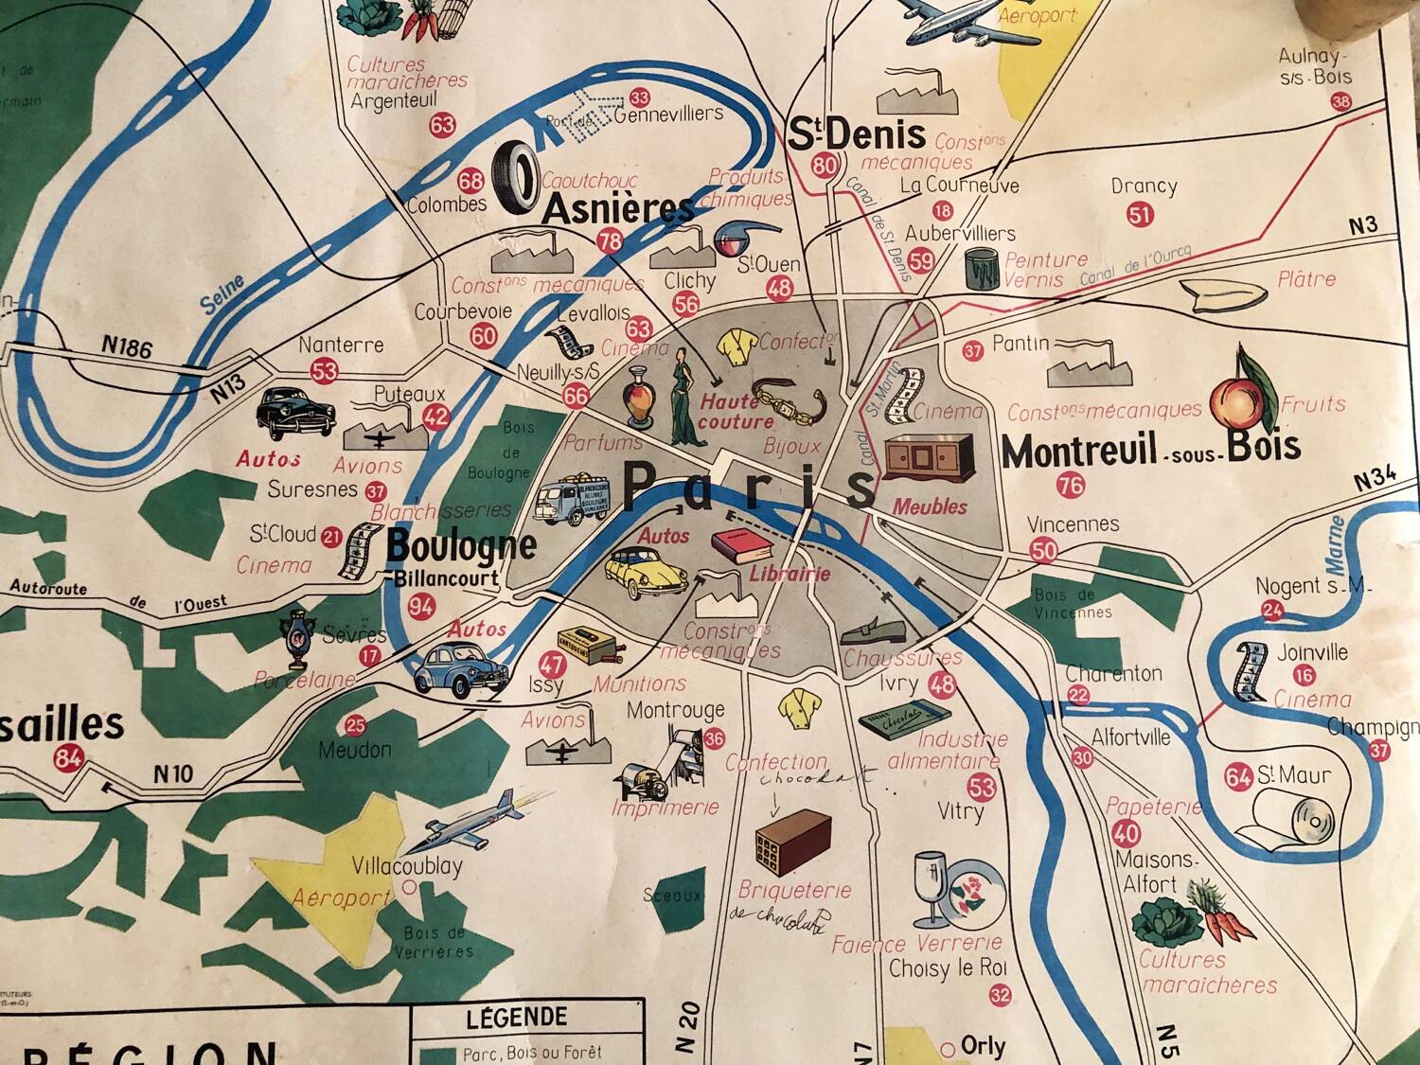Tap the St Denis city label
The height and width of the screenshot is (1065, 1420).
(x=857, y=134)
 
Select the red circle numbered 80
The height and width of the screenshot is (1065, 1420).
(x=825, y=166)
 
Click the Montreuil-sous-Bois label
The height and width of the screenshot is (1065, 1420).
(x=1150, y=451)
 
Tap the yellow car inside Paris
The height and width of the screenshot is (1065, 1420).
(x=648, y=571)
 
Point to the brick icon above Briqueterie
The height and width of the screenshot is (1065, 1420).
(x=792, y=842)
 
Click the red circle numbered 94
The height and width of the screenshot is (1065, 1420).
(x=422, y=608)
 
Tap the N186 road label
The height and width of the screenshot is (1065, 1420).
(x=127, y=348)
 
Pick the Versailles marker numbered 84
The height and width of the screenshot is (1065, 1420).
(x=69, y=757)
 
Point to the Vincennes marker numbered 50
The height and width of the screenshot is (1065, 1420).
(x=1043, y=549)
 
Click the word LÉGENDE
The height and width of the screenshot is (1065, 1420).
(x=517, y=1019)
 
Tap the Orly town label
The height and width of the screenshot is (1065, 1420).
(x=983, y=1046)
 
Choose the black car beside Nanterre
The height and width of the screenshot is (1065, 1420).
(x=295, y=413)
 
